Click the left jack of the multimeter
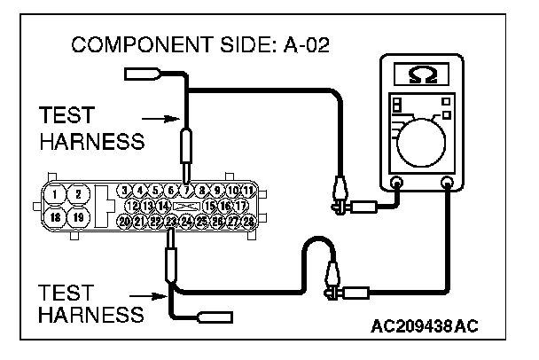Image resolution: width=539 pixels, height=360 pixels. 396,184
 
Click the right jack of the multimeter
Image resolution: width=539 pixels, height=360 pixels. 447,184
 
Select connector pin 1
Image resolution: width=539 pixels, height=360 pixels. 56,194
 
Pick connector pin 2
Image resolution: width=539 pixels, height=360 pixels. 78,194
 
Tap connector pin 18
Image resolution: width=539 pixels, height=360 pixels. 56,216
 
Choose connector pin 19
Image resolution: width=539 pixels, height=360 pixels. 78,216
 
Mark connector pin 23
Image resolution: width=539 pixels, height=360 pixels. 171,221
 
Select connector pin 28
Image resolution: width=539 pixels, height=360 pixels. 249,221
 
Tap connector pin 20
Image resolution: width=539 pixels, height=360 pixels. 124,221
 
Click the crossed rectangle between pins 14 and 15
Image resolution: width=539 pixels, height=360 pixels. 185,206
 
